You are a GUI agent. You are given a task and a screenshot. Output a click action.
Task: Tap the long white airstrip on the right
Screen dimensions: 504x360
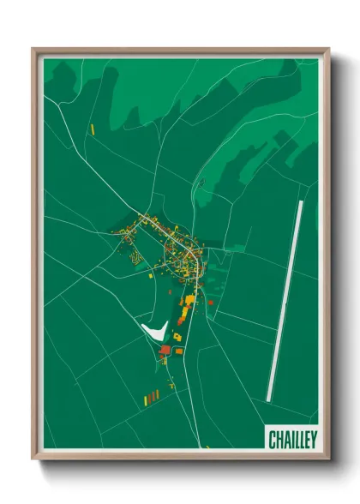point(285,300)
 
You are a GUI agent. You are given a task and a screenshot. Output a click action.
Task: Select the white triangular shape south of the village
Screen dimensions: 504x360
point(153,328)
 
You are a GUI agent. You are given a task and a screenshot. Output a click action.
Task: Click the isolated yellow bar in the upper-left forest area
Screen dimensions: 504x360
point(92,129)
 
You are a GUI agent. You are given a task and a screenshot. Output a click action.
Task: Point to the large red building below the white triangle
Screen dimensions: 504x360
point(165,349)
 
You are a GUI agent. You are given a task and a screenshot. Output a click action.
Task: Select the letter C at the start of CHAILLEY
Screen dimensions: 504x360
point(273,440)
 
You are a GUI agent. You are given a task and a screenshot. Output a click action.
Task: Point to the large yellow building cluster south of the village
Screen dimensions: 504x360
point(186,304)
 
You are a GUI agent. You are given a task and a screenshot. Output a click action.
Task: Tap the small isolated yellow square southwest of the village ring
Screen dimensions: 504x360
point(148,275)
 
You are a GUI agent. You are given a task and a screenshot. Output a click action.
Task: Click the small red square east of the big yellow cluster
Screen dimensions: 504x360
point(210,303)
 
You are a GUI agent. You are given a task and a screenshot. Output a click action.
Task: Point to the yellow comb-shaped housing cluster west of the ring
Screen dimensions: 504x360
point(134,253)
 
